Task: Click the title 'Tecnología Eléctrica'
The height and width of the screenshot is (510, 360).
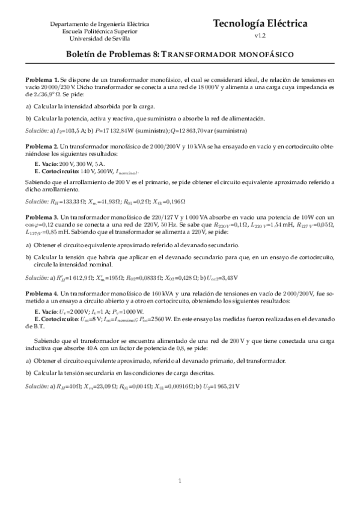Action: [x=260, y=23]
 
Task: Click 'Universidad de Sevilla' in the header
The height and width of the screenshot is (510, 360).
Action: [x=100, y=38]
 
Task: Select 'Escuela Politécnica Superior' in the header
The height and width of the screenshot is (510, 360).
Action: [x=100, y=31]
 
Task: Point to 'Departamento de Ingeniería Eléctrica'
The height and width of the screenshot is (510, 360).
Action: [x=100, y=24]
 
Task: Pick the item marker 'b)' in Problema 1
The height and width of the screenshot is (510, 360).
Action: [x=28, y=118]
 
